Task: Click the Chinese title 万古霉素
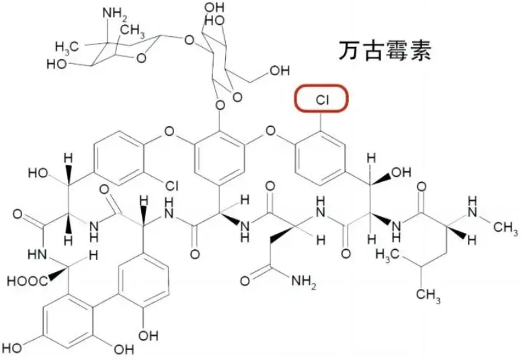pos(383,50)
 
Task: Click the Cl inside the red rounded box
pos(322,100)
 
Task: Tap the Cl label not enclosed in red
pos(169,184)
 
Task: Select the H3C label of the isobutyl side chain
pos(388,255)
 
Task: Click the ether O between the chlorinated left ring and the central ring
pos(168,132)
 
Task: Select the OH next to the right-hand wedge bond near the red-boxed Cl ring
pos(401,173)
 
